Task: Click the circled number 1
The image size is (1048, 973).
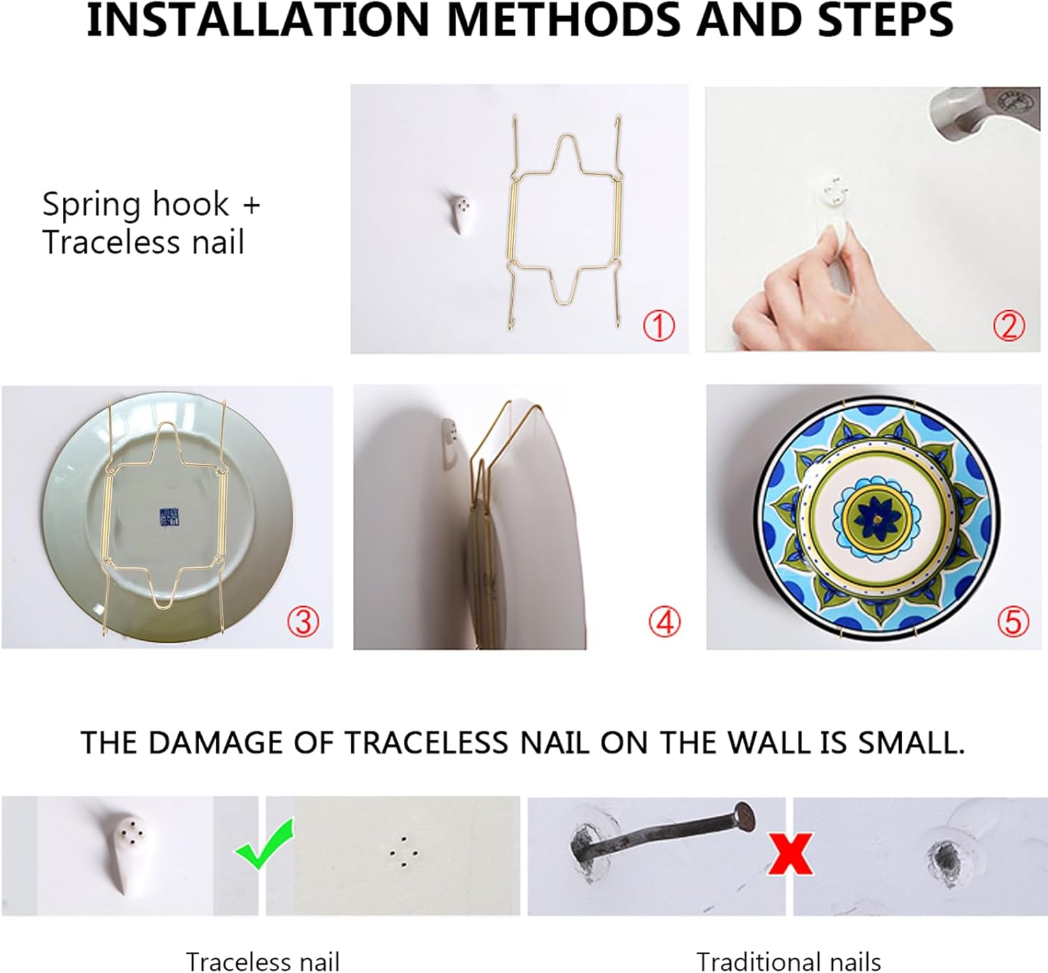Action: (658, 326)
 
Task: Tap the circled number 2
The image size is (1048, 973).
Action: (1008, 325)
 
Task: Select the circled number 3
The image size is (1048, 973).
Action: (303, 621)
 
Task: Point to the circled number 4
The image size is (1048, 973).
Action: (664, 621)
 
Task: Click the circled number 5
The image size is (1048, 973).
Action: (1012, 621)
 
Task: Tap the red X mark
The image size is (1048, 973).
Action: (790, 853)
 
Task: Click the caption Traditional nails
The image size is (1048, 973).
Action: (788, 961)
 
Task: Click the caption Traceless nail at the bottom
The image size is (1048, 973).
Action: (262, 961)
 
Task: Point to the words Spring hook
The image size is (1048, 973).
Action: (136, 205)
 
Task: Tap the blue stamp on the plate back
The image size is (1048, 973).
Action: (168, 518)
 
